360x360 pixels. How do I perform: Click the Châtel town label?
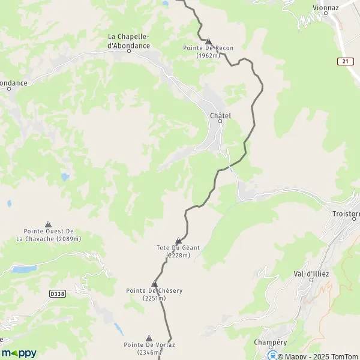[x=220, y=115]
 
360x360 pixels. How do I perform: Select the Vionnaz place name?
[x=325, y=8]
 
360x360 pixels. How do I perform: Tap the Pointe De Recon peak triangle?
[x=208, y=41]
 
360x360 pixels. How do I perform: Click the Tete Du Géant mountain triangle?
[x=178, y=241]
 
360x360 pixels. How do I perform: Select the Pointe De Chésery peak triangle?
[x=154, y=284]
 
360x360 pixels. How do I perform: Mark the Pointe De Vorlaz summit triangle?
[x=149, y=338]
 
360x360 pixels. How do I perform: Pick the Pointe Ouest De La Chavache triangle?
[x=49, y=224]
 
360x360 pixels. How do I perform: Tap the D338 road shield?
[x=57, y=293]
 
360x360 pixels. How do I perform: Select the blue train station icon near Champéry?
[x=271, y=354]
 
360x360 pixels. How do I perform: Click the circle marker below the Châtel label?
[x=220, y=121]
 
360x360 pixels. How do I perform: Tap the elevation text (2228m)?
[x=178, y=255]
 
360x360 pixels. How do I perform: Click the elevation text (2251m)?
[x=154, y=298]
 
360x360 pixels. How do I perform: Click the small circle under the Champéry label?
[x=270, y=347]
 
